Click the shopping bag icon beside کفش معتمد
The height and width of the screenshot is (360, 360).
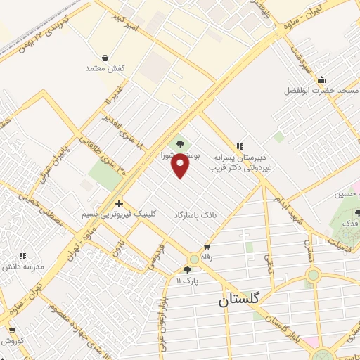105,57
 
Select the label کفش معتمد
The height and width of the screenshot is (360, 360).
105,68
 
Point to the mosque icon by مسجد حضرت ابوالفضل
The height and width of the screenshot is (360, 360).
321,79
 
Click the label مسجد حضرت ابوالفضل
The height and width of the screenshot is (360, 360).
321,91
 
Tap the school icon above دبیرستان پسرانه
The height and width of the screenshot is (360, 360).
240,147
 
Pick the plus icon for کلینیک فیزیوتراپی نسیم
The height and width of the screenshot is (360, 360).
119,202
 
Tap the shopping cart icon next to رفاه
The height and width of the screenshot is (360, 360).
207,246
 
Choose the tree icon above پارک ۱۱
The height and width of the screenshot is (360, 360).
187,269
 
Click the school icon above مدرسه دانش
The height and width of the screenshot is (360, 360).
22,256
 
